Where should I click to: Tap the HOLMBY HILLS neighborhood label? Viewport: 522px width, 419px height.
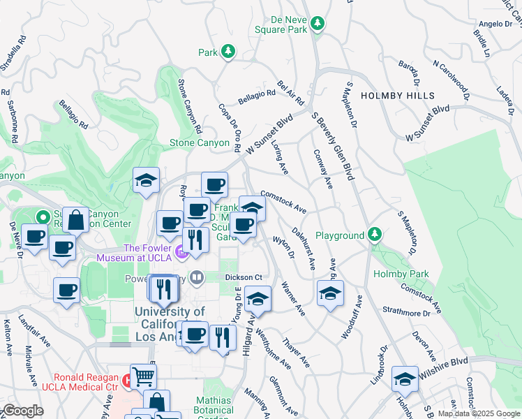(397, 96)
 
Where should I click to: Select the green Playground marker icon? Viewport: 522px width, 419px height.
(375, 235)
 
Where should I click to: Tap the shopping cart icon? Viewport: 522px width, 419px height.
(143, 377)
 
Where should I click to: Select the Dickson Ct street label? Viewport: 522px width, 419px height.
(243, 277)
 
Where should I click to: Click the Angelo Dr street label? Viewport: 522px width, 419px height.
(497, 24)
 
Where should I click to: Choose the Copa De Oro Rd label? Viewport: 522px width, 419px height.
(230, 128)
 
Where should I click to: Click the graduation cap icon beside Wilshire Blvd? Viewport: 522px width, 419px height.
(404, 378)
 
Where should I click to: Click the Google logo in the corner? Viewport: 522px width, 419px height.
(23, 411)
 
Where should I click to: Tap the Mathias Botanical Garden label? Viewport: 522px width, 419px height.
(214, 406)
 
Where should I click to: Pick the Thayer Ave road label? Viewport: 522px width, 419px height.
(296, 353)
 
